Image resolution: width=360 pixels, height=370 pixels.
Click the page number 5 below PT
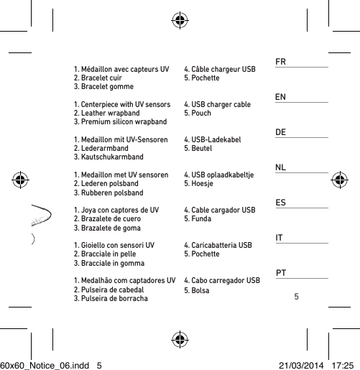(x=296, y=296)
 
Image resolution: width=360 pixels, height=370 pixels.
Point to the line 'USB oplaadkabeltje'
(x=223, y=175)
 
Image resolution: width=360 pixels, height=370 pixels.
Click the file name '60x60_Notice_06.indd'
(x=43, y=364)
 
